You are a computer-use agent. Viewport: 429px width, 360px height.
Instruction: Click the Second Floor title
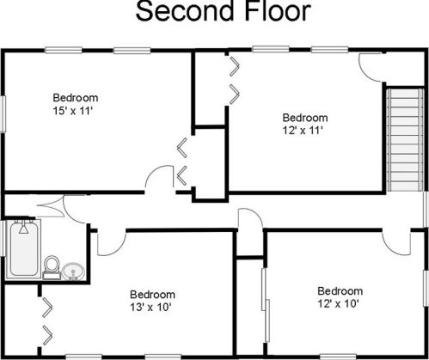point(224,11)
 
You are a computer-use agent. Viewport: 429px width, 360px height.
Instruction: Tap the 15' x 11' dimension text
point(73,111)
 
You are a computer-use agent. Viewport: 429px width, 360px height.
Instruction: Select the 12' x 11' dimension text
point(303,131)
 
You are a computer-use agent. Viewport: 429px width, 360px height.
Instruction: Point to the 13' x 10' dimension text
point(150,308)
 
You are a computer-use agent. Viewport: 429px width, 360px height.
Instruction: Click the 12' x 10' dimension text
point(339,303)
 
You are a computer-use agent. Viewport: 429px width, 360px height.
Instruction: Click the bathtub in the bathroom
point(24,248)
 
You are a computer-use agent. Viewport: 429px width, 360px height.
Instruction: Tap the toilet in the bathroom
point(52,267)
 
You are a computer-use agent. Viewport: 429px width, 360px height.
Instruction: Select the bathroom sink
point(73,272)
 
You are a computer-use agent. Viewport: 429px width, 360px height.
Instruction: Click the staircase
point(405,139)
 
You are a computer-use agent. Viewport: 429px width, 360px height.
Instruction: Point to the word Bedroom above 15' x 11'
point(76,98)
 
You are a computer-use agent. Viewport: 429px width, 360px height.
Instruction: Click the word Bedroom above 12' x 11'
point(305,118)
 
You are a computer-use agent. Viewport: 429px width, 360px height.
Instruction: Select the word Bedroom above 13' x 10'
point(152,295)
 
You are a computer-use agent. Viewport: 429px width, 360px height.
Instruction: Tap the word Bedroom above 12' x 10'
point(340,291)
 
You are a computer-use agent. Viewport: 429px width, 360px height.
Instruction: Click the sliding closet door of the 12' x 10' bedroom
point(266,305)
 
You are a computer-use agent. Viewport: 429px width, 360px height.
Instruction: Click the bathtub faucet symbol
point(23,227)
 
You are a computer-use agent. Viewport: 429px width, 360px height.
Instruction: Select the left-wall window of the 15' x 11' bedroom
point(3,113)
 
